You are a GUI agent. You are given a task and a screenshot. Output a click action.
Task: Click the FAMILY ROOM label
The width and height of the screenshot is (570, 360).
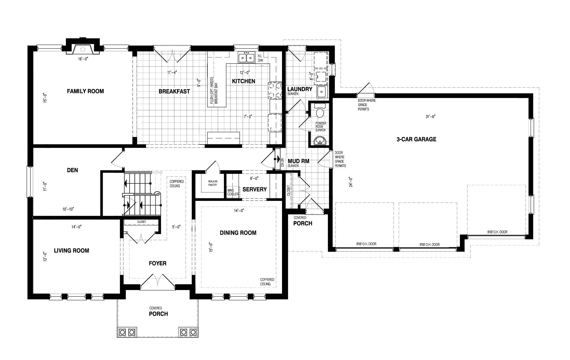click(x=85, y=91)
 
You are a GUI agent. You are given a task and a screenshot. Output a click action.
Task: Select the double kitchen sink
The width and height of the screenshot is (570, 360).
click(x=246, y=57)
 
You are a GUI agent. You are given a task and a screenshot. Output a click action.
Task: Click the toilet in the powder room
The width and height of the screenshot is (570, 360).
click(x=320, y=112)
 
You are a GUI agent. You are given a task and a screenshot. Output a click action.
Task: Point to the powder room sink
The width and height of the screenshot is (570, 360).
click(x=320, y=141)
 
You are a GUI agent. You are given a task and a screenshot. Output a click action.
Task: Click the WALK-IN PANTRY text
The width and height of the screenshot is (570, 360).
click(x=213, y=183)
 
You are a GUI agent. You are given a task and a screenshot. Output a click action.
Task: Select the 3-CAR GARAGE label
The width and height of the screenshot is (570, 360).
click(x=416, y=139)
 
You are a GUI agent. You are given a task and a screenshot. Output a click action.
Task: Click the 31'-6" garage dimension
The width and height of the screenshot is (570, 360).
click(x=430, y=117)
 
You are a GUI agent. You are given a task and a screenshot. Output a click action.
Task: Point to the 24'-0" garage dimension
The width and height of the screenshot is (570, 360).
click(x=351, y=182)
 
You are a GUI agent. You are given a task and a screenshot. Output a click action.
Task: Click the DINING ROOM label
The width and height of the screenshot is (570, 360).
click(x=238, y=233)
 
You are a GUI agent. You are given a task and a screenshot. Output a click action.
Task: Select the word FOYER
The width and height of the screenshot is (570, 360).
click(x=158, y=263)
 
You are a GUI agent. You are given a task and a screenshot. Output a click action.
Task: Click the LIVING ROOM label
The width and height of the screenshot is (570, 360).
click(x=72, y=250)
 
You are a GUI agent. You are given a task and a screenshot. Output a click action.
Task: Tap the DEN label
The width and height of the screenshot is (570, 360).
click(x=72, y=170)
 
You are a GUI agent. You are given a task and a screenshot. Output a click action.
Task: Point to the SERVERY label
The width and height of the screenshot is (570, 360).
click(x=255, y=189)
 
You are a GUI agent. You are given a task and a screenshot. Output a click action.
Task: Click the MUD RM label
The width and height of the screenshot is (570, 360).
click(x=299, y=161)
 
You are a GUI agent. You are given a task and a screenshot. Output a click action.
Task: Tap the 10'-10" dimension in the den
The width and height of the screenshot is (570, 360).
click(x=68, y=209)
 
